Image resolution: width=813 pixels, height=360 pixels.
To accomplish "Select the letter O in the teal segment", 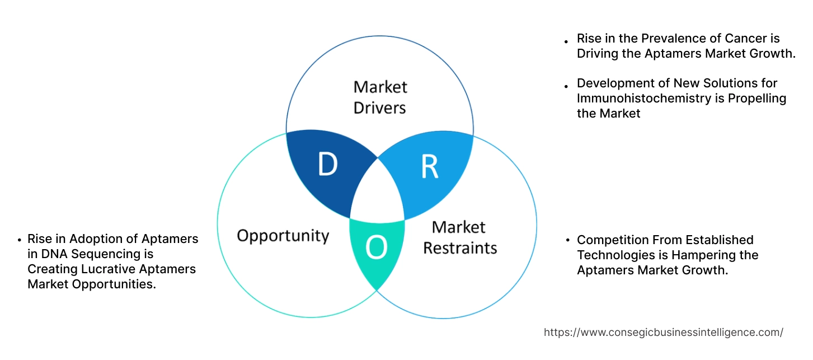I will pyautogui.click(x=376, y=248).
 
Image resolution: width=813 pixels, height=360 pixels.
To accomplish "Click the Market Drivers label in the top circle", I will pyautogui.click(x=380, y=97).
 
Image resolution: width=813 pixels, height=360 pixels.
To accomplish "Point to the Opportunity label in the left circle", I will pyautogui.click(x=283, y=235).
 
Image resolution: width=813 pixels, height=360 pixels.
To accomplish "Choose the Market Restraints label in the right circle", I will pyautogui.click(x=459, y=237).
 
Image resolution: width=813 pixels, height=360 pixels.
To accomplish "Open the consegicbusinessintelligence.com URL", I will pyautogui.click(x=663, y=333).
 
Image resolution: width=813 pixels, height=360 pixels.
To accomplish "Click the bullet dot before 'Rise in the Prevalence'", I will pyautogui.click(x=566, y=40).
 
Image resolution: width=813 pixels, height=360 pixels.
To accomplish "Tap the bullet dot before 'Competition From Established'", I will pyautogui.click(x=566, y=241).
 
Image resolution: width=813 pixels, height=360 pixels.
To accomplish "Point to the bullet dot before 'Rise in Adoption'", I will pyautogui.click(x=19, y=240).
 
